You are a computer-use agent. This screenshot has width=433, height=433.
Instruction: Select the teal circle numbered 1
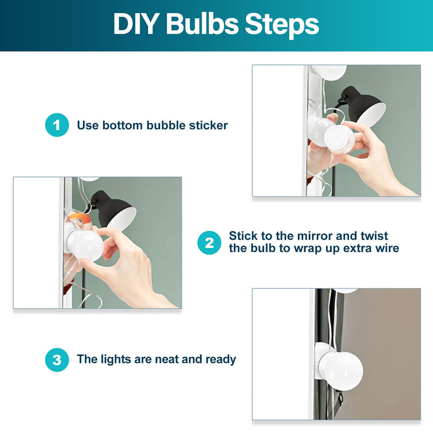[x=57, y=125]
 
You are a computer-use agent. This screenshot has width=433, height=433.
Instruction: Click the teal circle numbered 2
[x=209, y=243]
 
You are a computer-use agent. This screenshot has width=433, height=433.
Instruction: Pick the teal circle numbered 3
[x=57, y=360]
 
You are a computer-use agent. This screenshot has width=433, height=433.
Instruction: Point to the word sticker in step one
[x=208, y=125]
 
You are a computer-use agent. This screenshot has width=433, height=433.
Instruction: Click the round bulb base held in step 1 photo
[x=339, y=138]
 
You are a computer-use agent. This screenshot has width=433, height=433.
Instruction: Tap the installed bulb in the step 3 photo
[x=340, y=363]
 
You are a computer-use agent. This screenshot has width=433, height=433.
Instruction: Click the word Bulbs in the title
[x=202, y=24]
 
